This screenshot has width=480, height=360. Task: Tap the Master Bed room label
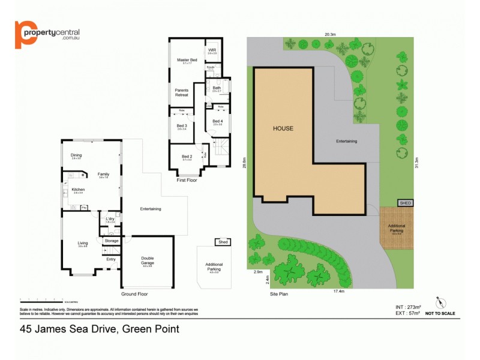coord(183,61)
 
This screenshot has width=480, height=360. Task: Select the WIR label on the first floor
coord(211,50)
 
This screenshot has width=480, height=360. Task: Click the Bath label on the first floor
coord(216,88)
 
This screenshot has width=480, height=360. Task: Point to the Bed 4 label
coord(217,121)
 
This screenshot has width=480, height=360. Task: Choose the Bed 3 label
coord(182,125)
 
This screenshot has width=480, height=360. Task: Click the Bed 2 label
coord(187,157)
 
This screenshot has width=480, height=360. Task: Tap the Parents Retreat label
coord(181,92)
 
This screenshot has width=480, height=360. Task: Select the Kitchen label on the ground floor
coord(78,189)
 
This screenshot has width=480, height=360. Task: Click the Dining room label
coord(76,155)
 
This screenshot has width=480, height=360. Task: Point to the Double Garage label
coord(148,261)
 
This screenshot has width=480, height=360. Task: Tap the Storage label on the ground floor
coord(112,241)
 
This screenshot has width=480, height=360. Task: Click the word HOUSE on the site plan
coord(283,128)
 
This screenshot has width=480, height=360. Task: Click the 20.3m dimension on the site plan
coord(330,34)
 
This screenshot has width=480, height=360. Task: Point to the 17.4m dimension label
coord(338,291)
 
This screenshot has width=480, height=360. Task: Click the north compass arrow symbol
coord(440,302)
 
